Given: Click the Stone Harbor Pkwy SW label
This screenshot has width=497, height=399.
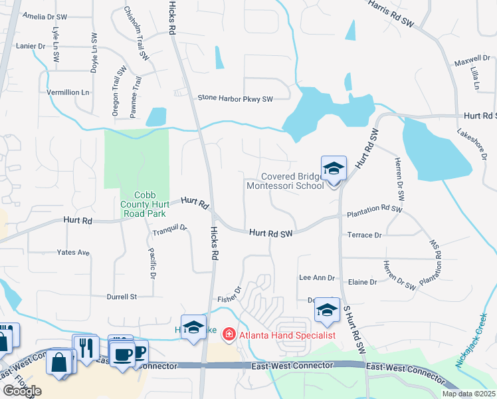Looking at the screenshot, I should coord(235,99).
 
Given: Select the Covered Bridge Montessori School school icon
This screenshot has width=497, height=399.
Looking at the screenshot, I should coord(334,169).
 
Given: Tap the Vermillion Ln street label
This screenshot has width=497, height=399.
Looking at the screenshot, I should coord(67,92).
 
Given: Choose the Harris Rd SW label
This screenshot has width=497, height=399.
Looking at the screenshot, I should coord(390,13).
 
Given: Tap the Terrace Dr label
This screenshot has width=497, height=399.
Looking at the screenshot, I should coord(365,235).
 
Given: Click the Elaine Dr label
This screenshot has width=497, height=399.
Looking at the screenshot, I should coord(363,282).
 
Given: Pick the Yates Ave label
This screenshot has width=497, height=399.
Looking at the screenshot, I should coord(73,253).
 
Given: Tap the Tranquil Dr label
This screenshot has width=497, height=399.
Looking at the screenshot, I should coord(170,230).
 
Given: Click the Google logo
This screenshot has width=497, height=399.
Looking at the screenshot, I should coord(22,391).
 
